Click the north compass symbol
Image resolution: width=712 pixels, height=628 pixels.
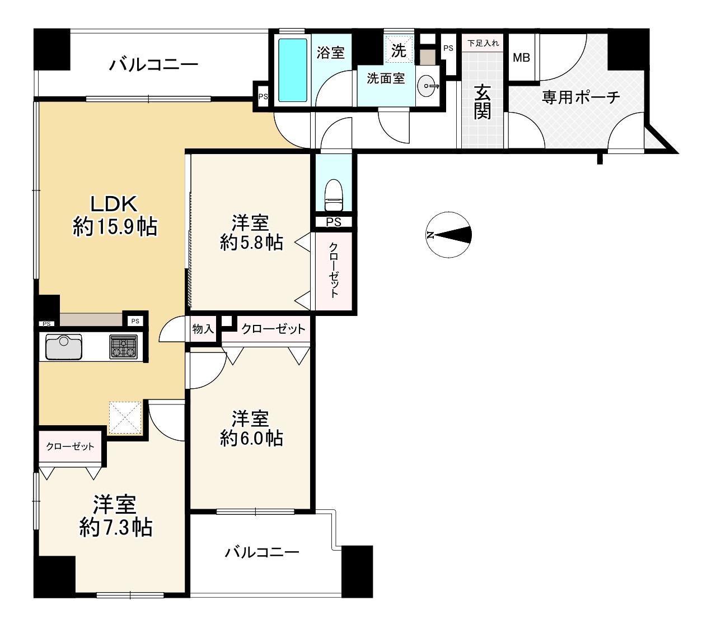point(448,234)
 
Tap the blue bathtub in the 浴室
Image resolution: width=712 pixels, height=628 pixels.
point(292,70)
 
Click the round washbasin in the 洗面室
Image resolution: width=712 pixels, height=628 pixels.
point(428,86)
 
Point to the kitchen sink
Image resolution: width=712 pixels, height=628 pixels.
point(64,347)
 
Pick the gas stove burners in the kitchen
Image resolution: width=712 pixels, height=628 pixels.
point(123,347)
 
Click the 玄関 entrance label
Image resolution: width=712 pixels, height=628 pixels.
point(482,102)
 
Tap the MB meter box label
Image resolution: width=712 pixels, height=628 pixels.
point(521,57)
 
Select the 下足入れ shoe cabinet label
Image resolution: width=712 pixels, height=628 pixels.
point(483,43)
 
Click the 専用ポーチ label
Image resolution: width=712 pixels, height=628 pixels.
point(580,97)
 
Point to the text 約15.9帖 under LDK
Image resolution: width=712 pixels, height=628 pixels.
point(115,226)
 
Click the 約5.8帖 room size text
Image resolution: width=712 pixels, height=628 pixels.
point(251,243)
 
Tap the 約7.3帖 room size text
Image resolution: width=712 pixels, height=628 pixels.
point(116,527)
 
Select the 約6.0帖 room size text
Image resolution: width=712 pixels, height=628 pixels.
point(251,438)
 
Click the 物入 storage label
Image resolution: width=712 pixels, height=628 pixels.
point(203,329)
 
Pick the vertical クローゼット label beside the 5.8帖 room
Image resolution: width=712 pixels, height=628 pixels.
point(333,270)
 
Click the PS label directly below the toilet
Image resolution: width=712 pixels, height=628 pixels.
point(333,222)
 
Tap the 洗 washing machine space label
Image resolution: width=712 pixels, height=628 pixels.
point(399,50)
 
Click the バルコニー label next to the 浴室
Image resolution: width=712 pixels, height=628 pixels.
point(153,65)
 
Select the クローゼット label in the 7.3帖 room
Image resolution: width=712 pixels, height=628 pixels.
point(70,446)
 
